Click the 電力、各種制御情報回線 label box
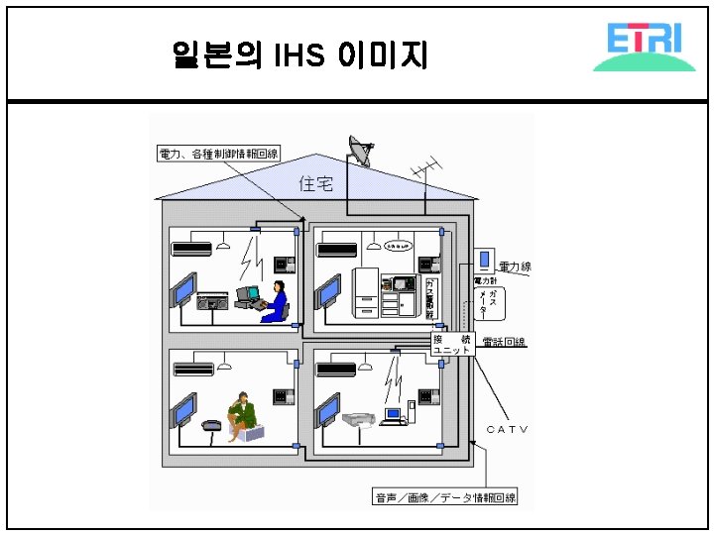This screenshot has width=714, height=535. pos(219,154)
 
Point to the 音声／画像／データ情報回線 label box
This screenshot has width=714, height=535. pos(443,497)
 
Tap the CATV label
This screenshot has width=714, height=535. pos(507,429)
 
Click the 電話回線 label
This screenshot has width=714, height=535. pos(503,343)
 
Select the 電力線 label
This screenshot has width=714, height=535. pos(515,267)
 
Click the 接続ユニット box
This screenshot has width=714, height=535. pos(450,345)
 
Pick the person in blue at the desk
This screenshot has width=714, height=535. pos(277,299)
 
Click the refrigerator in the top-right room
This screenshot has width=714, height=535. pos(366,293)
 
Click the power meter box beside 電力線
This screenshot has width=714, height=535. pos(484,261)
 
